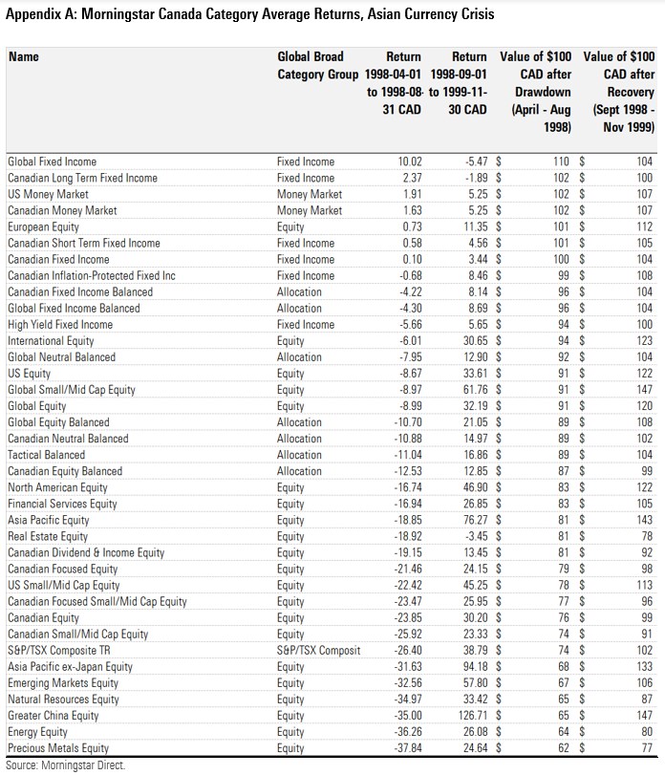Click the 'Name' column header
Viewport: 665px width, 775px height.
[x=24, y=57]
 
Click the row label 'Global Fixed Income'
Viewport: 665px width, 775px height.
[x=52, y=161]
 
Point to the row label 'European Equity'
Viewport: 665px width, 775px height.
[x=43, y=226]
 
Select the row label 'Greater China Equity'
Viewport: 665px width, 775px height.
[x=53, y=715]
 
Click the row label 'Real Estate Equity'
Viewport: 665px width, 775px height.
[x=48, y=536]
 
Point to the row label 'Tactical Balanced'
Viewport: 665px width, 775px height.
[x=46, y=455]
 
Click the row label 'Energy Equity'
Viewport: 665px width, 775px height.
[x=38, y=731]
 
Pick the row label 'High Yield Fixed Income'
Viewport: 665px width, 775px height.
[x=59, y=324]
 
